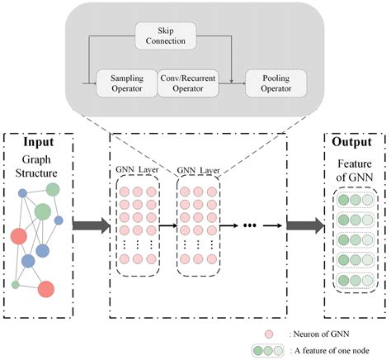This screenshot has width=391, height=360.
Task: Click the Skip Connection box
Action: point(166,35)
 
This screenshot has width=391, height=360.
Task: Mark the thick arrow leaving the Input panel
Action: point(90,223)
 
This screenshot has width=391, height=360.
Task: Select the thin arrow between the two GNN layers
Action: point(167,223)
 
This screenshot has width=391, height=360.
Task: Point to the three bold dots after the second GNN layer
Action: point(252,223)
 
